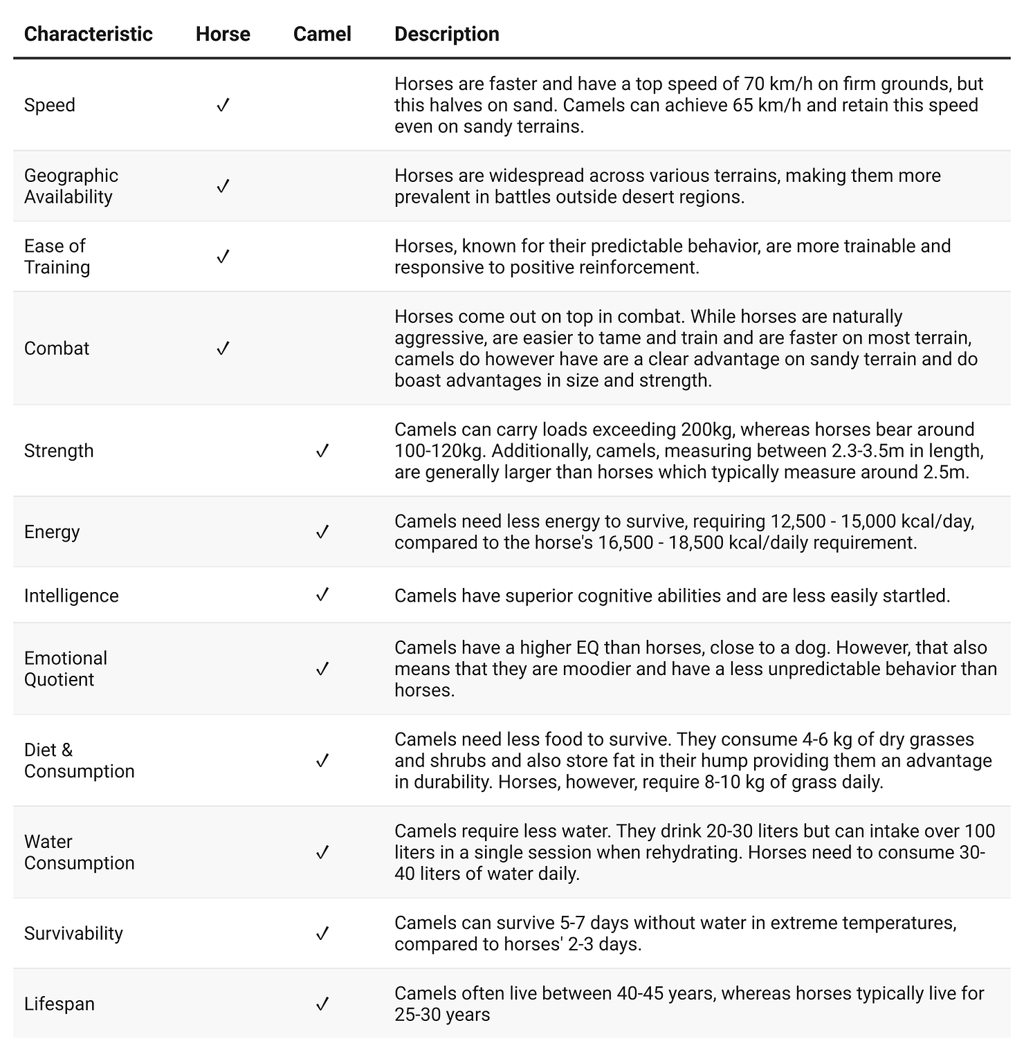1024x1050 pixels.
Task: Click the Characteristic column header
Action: [88, 34]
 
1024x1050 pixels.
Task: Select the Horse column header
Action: [223, 34]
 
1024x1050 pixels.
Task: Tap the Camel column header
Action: [322, 34]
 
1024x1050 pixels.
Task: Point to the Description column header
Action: [446, 34]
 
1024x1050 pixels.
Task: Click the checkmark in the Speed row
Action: [223, 105]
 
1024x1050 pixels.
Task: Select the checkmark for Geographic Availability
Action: [223, 186]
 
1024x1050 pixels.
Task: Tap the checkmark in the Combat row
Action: [223, 348]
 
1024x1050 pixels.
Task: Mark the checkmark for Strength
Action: [322, 451]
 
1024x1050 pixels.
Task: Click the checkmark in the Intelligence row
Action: [322, 595]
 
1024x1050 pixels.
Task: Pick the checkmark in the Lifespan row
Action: [322, 1004]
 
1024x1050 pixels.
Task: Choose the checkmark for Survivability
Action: [322, 933]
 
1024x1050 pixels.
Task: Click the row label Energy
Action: [52, 532]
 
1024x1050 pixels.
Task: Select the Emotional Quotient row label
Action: [66, 669]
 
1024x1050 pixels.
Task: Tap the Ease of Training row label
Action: [57, 257]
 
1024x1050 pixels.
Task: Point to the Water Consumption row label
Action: [79, 852]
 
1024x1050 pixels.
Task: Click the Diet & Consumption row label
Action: [79, 761]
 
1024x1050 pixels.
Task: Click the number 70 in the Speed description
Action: [753, 84]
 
